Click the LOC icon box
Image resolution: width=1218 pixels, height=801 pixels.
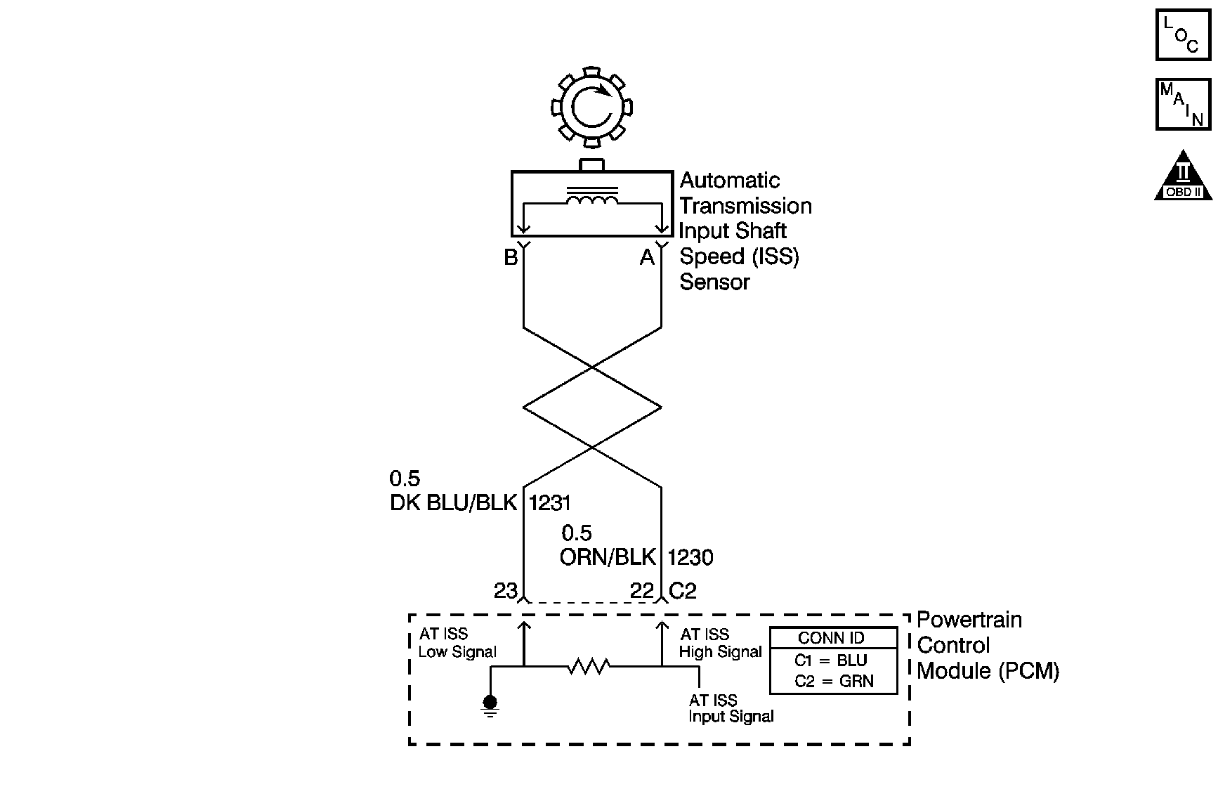pyautogui.click(x=1183, y=34)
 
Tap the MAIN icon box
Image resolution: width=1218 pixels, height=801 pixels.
pyautogui.click(x=1183, y=104)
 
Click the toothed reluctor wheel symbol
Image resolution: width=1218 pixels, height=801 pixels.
pyautogui.click(x=591, y=108)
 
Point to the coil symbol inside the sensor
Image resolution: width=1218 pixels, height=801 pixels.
pyautogui.click(x=592, y=201)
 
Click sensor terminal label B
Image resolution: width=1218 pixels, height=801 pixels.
pyautogui.click(x=511, y=258)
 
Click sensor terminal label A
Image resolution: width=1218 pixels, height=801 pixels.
pyautogui.click(x=647, y=258)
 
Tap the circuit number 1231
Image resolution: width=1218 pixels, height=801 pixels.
pyautogui.click(x=549, y=503)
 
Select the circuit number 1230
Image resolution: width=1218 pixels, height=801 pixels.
pyautogui.click(x=690, y=557)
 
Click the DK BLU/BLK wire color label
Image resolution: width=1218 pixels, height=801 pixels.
pyautogui.click(x=453, y=503)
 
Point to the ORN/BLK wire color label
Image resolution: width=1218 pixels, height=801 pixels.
pyautogui.click(x=608, y=557)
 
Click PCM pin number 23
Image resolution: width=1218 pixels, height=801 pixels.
pyautogui.click(x=505, y=591)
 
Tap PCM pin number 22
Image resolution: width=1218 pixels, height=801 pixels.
pyautogui.click(x=642, y=591)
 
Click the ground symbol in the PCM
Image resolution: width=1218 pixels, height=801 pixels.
pyautogui.click(x=490, y=704)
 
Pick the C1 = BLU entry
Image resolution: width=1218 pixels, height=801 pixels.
pyautogui.click(x=831, y=660)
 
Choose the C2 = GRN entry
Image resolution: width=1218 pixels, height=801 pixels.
pyautogui.click(x=834, y=681)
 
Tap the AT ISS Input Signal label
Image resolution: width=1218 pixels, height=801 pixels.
pyautogui.click(x=731, y=708)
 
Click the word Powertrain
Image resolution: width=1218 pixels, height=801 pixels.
pyautogui.click(x=969, y=620)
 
